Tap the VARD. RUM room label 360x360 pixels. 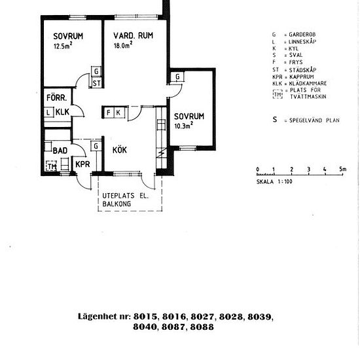[x=133, y=35]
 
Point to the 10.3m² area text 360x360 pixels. [x=184, y=126]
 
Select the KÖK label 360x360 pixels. [x=120, y=150]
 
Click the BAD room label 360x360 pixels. [x=60, y=151]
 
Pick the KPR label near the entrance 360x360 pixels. [x=82, y=164]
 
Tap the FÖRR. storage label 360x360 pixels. [x=57, y=98]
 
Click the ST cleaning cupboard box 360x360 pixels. [x=96, y=83]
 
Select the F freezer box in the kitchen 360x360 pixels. [x=109, y=113]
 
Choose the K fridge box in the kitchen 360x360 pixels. [x=119, y=113]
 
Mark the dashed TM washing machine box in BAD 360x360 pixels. [x=51, y=166]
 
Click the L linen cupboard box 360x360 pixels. [x=48, y=113]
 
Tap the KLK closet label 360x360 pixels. [x=62, y=112]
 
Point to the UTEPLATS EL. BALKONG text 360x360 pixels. [x=126, y=200]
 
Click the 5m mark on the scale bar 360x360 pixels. [x=342, y=170]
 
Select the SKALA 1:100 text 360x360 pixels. [x=274, y=181]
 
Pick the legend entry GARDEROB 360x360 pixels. [x=302, y=35]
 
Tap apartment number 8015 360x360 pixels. [x=145, y=317]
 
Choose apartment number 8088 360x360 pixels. [x=202, y=327]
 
